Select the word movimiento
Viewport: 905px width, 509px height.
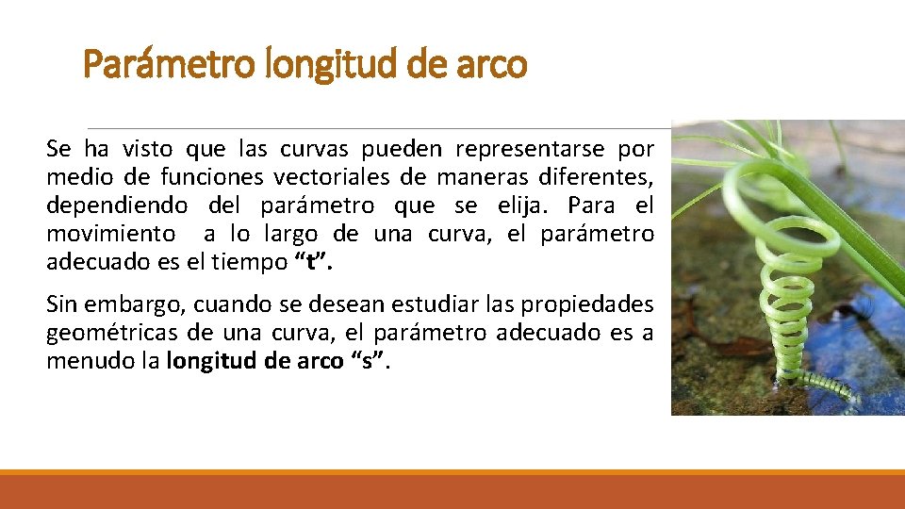[111, 234]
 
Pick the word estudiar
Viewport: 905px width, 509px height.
[384, 305]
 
